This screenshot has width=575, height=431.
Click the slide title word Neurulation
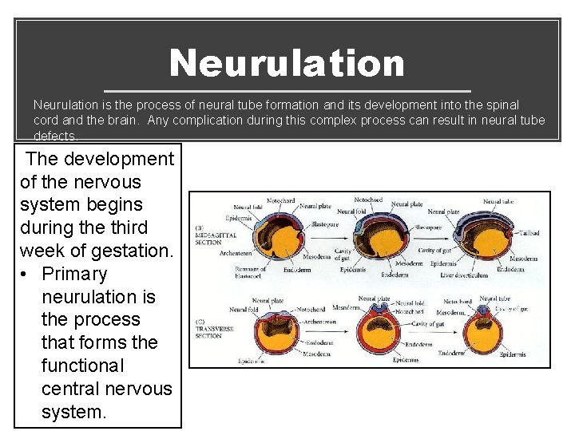pyautogui.click(x=287, y=63)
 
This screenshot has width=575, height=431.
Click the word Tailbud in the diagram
pyautogui.click(x=529, y=233)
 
